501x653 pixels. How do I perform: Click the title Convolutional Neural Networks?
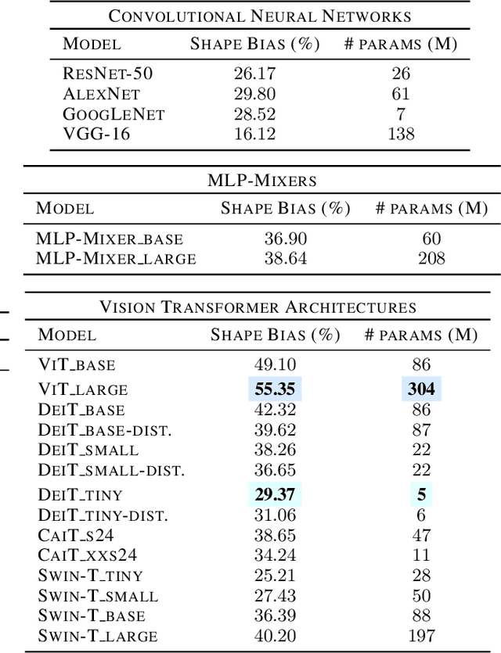(259, 15)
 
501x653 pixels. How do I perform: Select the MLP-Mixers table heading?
(262, 181)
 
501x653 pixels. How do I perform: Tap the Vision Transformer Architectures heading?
(258, 307)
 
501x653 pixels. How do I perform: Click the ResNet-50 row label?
(108, 74)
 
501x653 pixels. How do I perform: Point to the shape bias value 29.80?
(254, 94)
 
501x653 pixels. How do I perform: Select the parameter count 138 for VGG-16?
(401, 135)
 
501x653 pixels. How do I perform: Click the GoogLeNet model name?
(114, 114)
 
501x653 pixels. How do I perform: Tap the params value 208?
(431, 258)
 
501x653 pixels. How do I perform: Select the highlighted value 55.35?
(275, 389)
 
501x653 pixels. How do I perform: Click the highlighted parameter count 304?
(421, 389)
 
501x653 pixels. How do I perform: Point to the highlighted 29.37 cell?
(275, 494)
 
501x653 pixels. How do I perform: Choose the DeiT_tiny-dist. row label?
(103, 515)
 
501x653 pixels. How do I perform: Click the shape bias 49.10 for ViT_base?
(275, 365)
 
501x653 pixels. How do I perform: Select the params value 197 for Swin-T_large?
(421, 636)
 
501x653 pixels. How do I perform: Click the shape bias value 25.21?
(275, 576)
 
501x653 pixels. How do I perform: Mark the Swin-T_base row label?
(92, 616)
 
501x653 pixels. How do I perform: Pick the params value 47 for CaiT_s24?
(421, 535)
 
